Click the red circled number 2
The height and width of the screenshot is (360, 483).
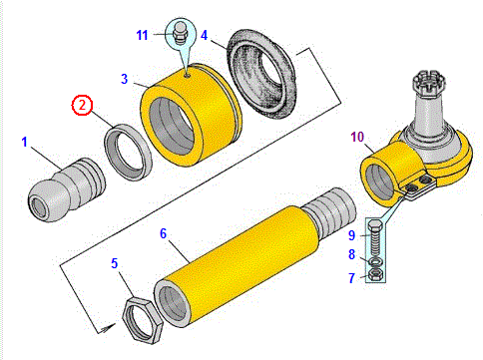pos(82,105)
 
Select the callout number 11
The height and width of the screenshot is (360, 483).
pos(142,35)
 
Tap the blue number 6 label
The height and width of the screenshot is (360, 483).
pos(163,233)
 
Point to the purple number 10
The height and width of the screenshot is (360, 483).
pos(357,137)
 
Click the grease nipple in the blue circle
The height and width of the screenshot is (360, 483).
pos(181,33)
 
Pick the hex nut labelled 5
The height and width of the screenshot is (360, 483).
pos(142,319)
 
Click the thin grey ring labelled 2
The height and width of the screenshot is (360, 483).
pos(128,152)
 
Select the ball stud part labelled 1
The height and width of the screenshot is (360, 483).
pos(67,190)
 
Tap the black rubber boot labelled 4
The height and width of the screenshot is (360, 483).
pos(261,74)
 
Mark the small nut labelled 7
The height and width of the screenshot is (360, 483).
pos(375,274)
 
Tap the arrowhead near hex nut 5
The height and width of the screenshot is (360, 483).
pos(109,327)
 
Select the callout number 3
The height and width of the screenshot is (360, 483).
pos(124,79)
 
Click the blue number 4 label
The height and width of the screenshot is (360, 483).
pos(204,35)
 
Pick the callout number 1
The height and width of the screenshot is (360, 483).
pos(24,143)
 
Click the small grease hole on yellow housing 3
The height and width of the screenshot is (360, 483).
pos(187,76)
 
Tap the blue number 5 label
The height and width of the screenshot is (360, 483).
pos(115,263)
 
